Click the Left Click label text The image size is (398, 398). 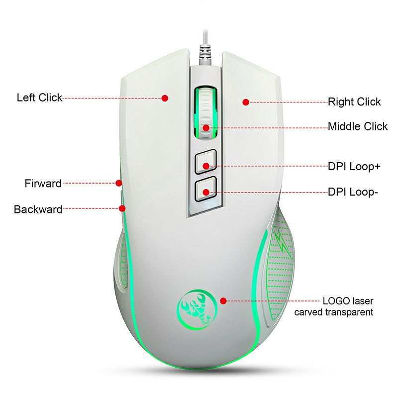coord(39,97)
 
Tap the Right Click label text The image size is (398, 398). coord(354,102)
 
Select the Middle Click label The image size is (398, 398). coord(357,126)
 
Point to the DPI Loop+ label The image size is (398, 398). coord(354,166)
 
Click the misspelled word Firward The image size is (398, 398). coord(43,184)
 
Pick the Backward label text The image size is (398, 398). coord(38,209)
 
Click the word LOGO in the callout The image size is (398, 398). coord(336,301)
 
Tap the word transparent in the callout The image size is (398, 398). coord(348,312)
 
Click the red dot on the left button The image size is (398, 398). coord(165,98)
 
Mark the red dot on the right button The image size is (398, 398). coord(245,102)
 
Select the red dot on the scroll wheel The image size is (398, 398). coord(205,127)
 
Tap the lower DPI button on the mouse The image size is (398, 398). coord(205,190)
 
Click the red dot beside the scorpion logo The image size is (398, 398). coord(223,300)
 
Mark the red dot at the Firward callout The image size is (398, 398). coord(118,183)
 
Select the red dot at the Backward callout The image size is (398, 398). coord(122,208)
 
